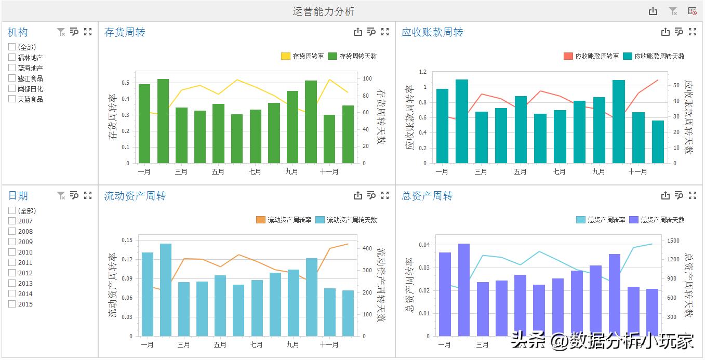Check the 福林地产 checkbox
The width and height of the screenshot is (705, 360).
click(12, 58)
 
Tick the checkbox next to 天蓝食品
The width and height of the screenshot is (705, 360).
click(12, 99)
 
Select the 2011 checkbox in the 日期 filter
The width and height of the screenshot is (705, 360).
click(12, 262)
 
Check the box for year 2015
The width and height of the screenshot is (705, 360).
click(12, 304)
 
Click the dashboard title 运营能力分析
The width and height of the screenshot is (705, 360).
click(323, 11)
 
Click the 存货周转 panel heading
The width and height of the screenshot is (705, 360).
click(125, 32)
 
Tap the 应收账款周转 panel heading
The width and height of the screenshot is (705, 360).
click(432, 32)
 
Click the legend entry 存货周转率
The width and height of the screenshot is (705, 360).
click(302, 56)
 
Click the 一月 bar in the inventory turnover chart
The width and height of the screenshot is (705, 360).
click(144, 124)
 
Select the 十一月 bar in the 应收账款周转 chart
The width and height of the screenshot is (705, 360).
click(638, 138)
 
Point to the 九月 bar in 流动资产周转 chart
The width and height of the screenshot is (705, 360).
click(294, 303)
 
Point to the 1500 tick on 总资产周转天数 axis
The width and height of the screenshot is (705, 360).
click(672, 241)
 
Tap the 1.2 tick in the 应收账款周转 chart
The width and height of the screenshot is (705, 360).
click(422, 72)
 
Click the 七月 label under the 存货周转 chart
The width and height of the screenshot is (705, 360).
click(255, 171)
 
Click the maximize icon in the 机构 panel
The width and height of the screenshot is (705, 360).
click(88, 32)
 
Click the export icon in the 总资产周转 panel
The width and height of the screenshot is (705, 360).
click(665, 196)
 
